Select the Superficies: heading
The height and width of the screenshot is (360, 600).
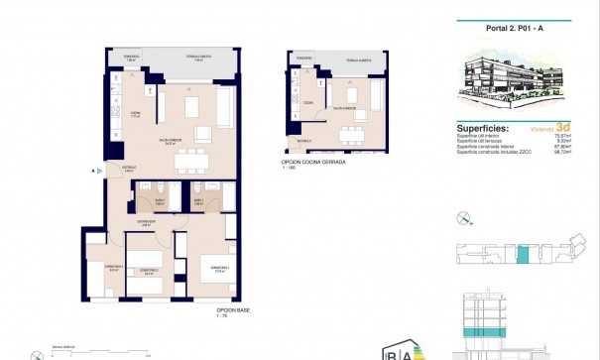[484, 128]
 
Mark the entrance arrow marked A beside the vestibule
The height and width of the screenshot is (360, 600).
[94, 171]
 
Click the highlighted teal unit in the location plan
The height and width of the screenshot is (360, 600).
[524, 255]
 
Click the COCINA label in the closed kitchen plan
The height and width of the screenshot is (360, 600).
[308, 102]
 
